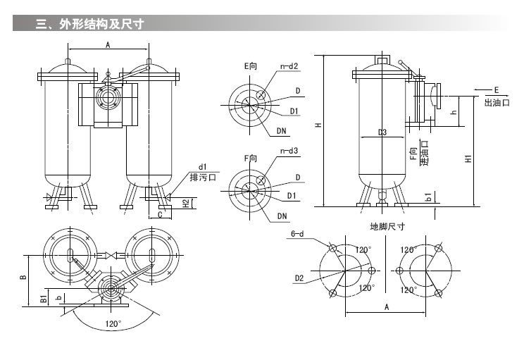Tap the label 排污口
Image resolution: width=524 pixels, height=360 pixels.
pos(204,178)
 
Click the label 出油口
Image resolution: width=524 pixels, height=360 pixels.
pos(497,102)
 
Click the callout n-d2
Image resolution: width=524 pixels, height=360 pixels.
pos(289,66)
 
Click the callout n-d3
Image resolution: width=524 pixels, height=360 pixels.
pos(289,151)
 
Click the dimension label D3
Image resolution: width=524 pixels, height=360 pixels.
pos(382,132)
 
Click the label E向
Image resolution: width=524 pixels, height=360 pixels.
pos(250,66)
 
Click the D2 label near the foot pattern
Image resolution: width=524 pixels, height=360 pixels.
pos(299,278)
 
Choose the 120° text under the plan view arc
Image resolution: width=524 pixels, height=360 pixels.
pos(113,324)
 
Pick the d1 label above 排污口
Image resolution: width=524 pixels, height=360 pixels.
pos(202,166)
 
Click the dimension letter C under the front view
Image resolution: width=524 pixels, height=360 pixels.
pos(160,213)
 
